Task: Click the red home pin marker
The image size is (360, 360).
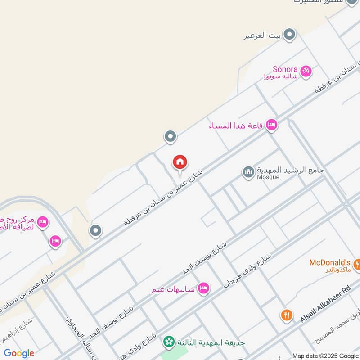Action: coord(180,162)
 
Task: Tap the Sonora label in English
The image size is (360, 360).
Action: coord(285,69)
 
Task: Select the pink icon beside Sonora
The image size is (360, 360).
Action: coord(306,71)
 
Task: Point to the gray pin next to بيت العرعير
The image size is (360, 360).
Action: coord(290,34)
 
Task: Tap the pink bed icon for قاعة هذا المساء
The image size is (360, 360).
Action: coord(271,125)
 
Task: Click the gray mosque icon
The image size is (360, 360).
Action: coord(248,172)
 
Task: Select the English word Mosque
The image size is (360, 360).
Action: coord(268,177)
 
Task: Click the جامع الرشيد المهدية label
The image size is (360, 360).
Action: coord(290,171)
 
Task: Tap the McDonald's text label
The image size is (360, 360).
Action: coord(330,262)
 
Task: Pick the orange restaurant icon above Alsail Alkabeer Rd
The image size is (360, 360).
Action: coord(286,315)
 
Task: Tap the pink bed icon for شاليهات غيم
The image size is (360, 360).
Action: coord(204,288)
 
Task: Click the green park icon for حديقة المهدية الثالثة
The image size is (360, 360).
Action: coord(169,342)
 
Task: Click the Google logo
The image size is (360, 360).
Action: coord(19,353)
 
